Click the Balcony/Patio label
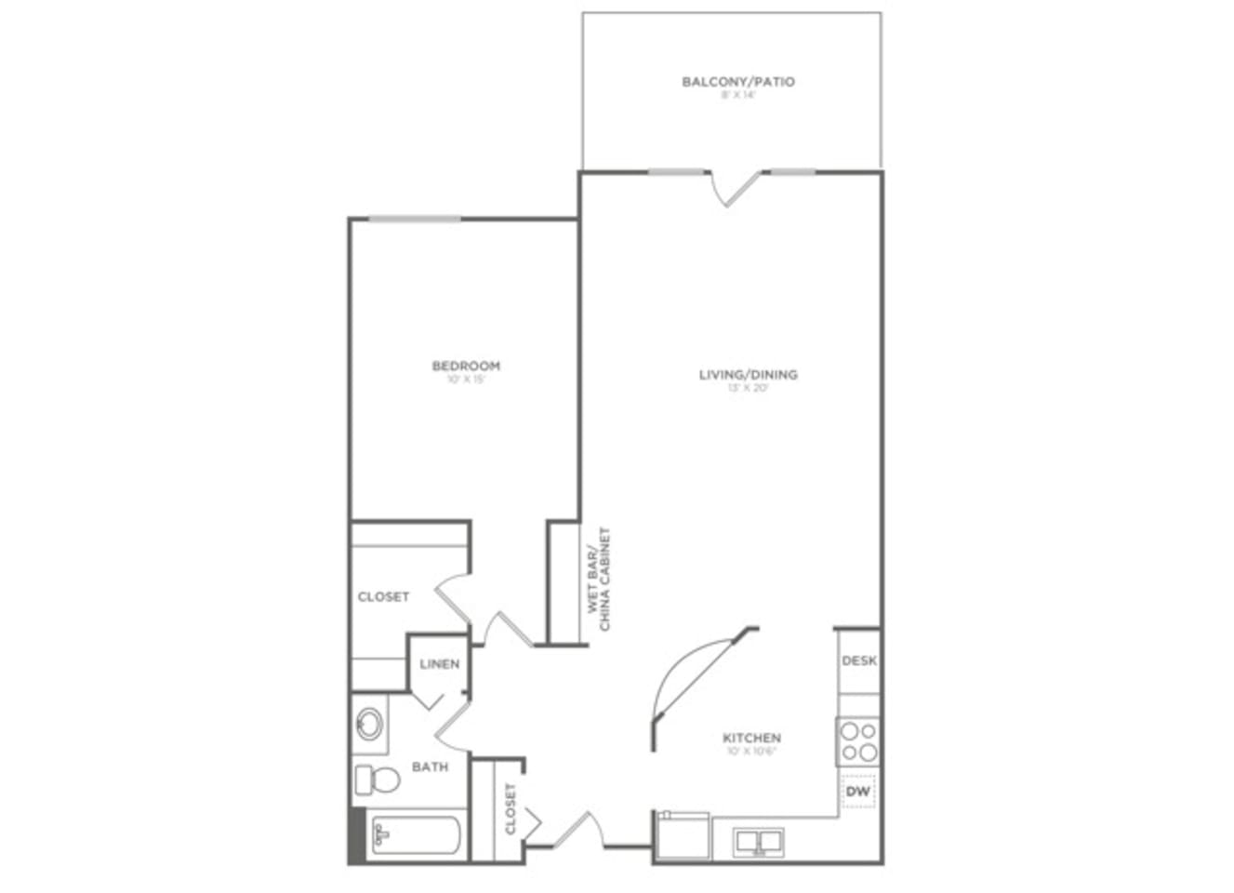[738, 82]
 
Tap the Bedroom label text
[466, 366]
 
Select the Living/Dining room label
[748, 375]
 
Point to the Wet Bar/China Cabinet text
[598, 580]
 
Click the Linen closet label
[439, 664]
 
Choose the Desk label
[859, 660]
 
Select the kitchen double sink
[759, 842]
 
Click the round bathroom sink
[370, 723]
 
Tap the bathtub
[415, 836]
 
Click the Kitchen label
[751, 738]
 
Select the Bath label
[430, 766]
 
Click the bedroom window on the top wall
[415, 220]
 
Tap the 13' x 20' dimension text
[748, 388]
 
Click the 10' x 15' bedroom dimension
[466, 379]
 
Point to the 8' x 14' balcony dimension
[738, 95]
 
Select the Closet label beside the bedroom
[383, 596]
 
